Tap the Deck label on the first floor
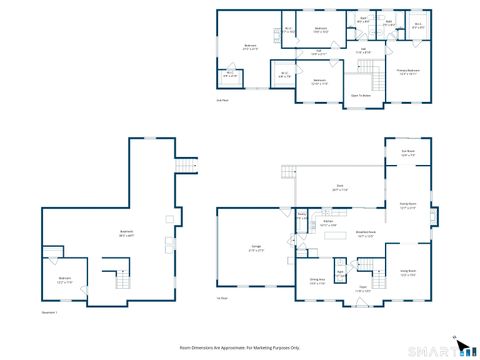[339, 188]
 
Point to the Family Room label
[407, 207]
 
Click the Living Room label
[407, 271]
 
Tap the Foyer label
[362, 291]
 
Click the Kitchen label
[327, 221]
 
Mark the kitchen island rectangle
[332, 239]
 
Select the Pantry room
[301, 214]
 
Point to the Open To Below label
[361, 95]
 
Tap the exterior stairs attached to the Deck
[289, 176]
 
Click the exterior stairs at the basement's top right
[184, 166]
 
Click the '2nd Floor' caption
[222, 100]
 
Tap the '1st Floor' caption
[222, 299]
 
